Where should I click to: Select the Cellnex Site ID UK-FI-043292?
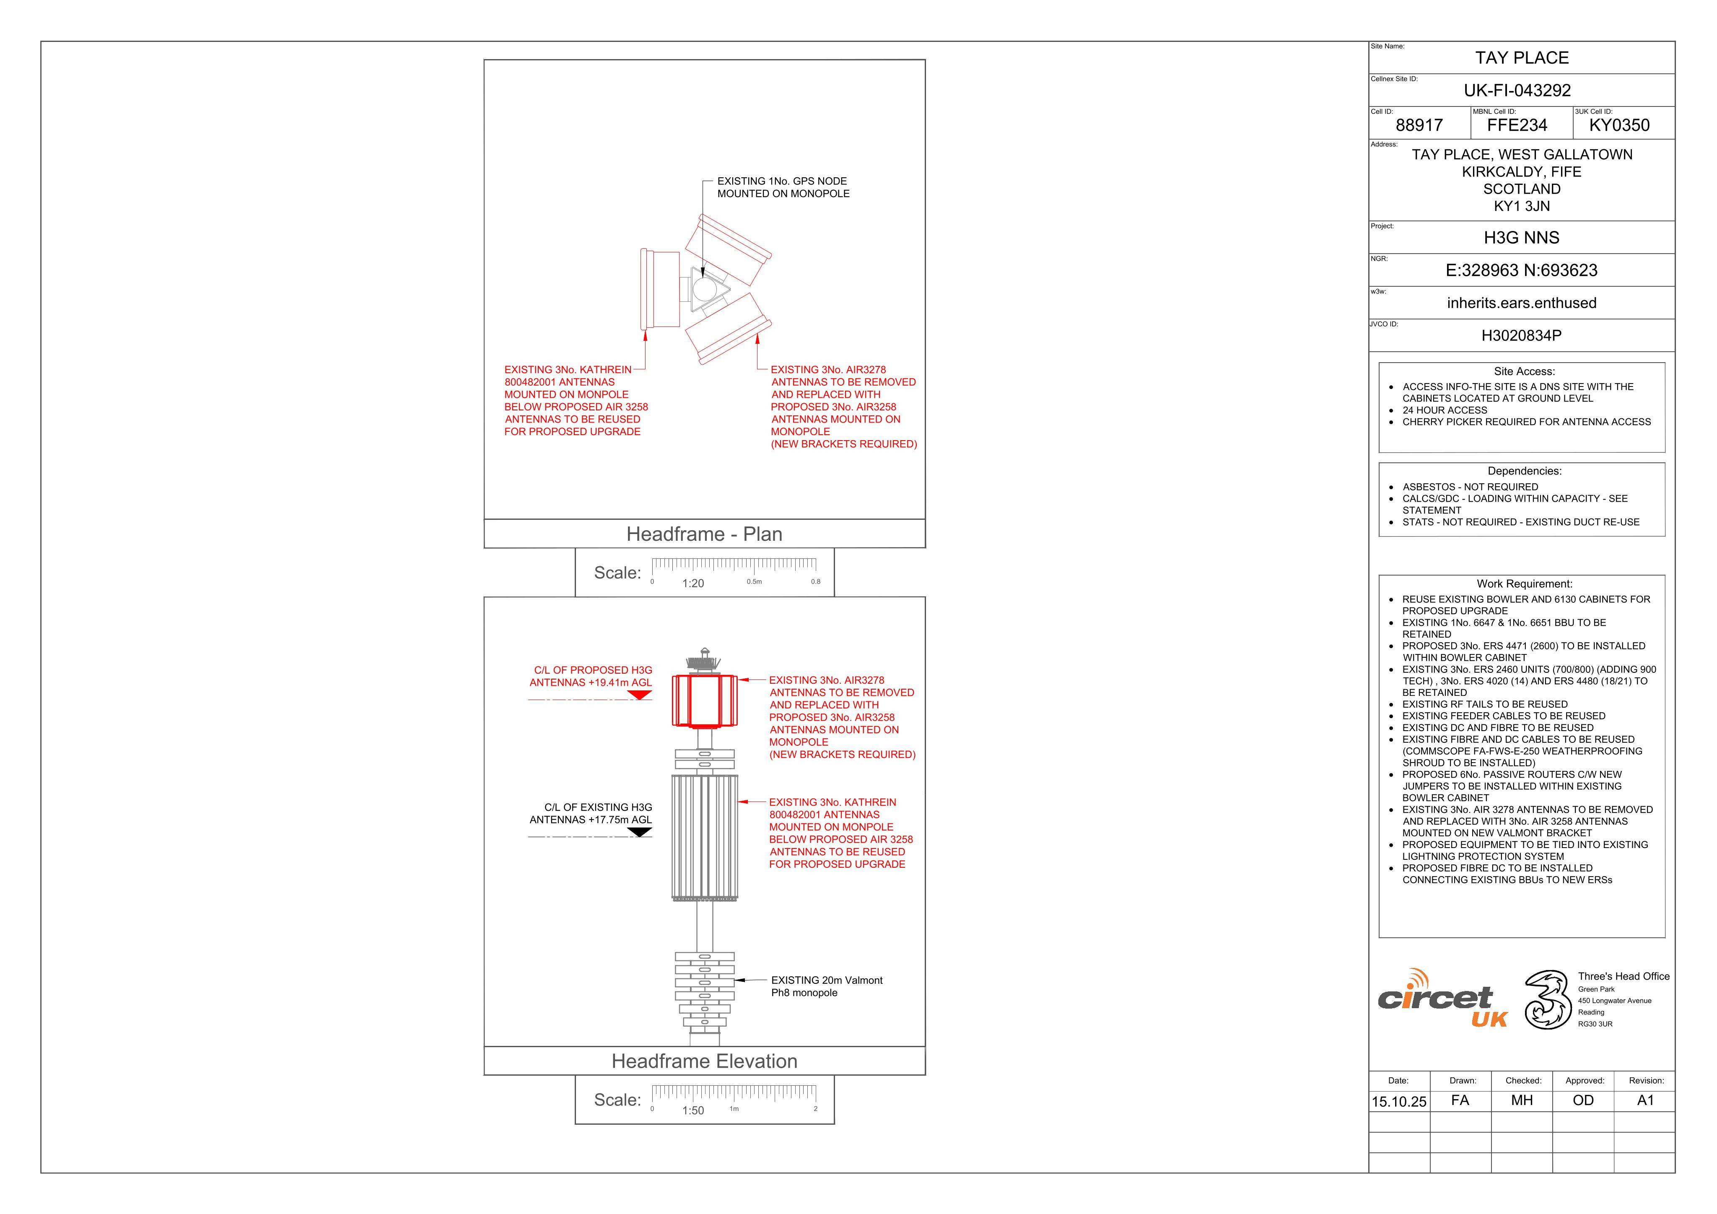click(x=1517, y=91)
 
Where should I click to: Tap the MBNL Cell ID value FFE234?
click(x=1517, y=125)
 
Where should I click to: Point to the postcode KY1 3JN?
click(x=1522, y=206)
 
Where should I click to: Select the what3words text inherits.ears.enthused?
click(x=1522, y=303)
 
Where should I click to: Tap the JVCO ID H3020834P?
click(x=1522, y=336)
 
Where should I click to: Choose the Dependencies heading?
click(x=1524, y=471)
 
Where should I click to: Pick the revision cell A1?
click(x=1645, y=1100)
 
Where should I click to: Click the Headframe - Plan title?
click(x=705, y=534)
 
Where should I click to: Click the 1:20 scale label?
click(x=693, y=584)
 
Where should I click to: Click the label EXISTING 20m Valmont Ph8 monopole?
click(x=826, y=987)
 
